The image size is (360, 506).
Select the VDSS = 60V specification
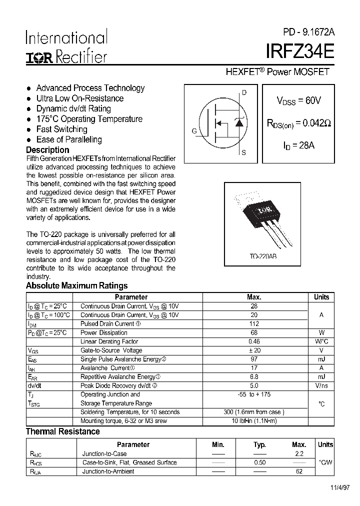[298, 100]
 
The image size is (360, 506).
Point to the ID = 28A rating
[298, 145]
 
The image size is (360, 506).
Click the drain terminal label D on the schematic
[244, 92]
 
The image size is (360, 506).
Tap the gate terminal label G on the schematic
[193, 131]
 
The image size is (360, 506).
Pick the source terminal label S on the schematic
[243, 152]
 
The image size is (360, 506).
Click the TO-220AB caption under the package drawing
[263, 256]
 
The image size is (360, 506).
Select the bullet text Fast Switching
[61, 129]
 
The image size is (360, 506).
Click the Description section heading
[47, 150]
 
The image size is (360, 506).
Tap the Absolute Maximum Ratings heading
[76, 286]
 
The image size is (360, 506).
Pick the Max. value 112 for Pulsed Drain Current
[254, 324]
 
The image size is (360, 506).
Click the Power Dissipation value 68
[254, 333]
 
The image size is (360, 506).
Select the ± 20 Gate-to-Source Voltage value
[254, 350]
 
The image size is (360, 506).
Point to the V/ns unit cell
[321, 386]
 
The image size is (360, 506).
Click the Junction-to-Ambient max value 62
[299, 471]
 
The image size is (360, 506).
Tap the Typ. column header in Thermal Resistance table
[259, 444]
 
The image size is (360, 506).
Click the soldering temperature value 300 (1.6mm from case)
[254, 412]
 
